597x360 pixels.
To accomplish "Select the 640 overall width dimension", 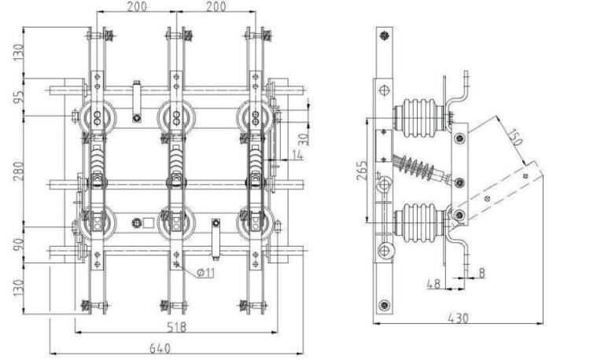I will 175,347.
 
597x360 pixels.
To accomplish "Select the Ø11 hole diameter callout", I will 205,273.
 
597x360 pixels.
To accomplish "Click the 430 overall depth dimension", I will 459,318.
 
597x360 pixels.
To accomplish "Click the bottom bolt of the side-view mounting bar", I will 384,305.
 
